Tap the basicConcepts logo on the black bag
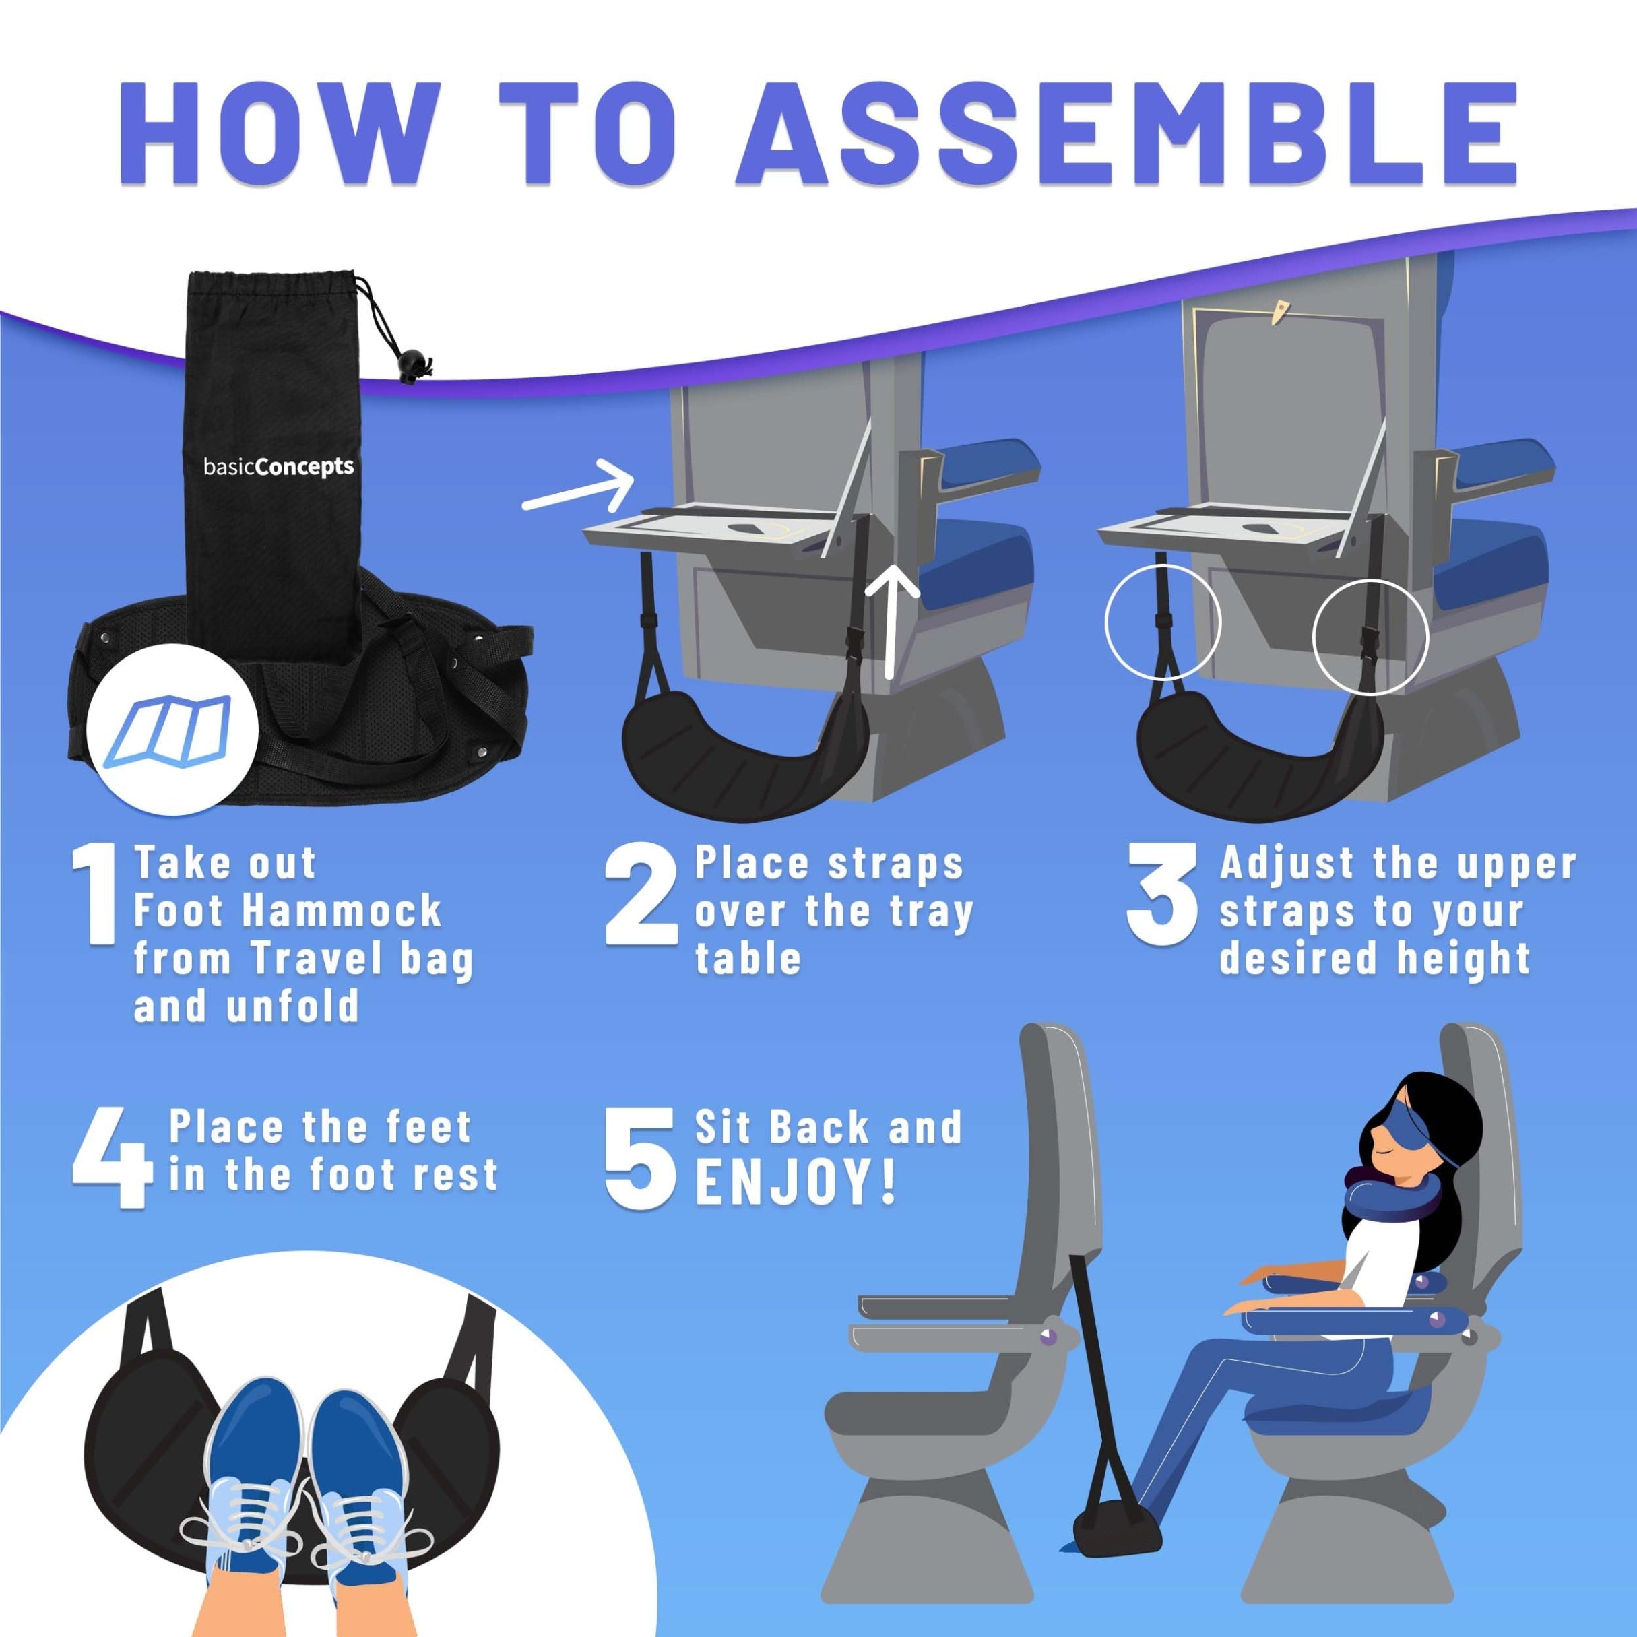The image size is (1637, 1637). coord(279,467)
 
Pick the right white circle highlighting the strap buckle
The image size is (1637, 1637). coord(1370,637)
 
